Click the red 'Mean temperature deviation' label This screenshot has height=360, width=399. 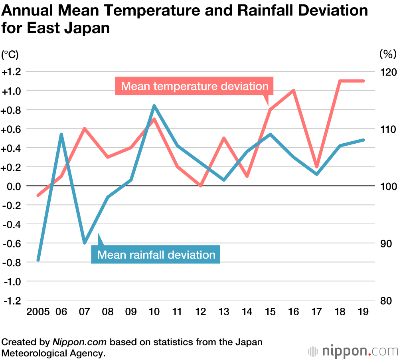click(194, 86)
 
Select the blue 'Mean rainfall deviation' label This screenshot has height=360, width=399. click(156, 255)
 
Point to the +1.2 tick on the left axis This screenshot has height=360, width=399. click(12, 72)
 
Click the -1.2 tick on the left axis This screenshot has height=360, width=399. click(12, 301)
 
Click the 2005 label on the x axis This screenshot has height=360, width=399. click(38, 312)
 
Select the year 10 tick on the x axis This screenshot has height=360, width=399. click(154, 312)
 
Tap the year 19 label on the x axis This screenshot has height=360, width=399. click(363, 312)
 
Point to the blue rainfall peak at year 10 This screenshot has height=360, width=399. click(154, 106)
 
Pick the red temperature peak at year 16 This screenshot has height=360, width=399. click(294, 91)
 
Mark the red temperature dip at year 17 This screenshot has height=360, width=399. click(317, 166)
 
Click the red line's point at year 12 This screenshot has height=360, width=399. click(201, 186)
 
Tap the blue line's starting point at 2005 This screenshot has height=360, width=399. click(38, 260)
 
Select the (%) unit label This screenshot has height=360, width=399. click(387, 53)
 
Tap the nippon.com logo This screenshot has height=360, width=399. click(353, 351)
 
